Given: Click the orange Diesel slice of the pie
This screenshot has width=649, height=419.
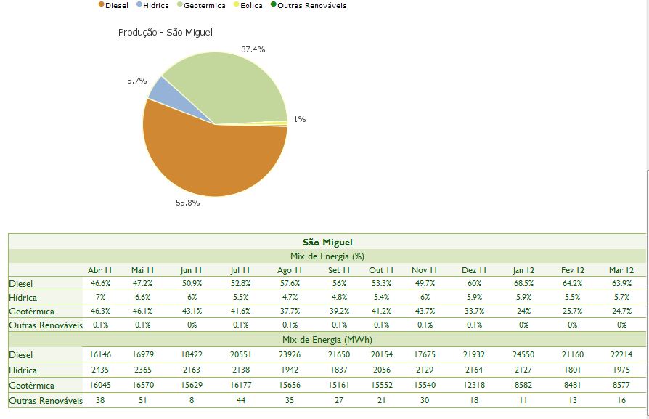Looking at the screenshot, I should point(211,160).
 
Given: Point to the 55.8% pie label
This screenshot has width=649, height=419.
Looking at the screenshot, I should point(187,203).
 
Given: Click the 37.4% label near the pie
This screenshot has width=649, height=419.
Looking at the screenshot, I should point(253,49).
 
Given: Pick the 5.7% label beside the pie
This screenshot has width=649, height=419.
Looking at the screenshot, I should point(136,81).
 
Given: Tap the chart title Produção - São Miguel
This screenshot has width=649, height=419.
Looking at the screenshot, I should point(165,33).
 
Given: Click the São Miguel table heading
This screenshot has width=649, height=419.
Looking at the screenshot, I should point(327,242).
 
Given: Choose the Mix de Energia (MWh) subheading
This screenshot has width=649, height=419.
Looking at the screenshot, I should point(327,340).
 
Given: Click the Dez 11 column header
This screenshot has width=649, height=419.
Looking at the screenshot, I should point(475,270).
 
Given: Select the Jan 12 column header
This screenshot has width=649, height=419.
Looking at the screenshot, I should point(523,270).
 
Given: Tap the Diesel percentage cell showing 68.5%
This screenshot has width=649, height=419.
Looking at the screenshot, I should point(523,283).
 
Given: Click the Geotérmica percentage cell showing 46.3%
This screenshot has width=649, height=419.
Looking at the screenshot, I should point(100,311).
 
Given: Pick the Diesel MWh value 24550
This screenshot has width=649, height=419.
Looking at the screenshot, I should point(523,354).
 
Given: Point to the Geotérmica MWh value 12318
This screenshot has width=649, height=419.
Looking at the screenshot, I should point(475,385).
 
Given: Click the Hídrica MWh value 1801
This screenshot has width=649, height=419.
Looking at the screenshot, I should point(572,370).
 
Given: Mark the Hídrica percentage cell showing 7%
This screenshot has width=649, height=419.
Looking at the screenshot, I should point(100,297).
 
